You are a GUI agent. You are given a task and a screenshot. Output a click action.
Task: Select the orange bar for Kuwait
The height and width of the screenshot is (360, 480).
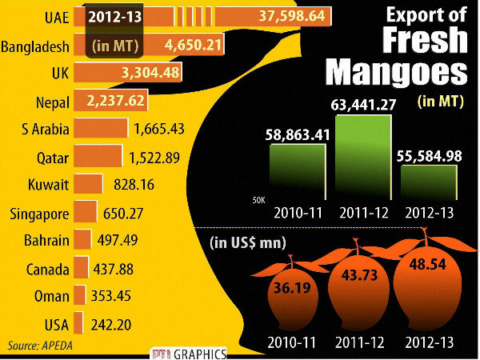(87, 184)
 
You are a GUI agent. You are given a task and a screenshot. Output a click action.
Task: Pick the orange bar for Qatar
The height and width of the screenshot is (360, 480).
(97, 156)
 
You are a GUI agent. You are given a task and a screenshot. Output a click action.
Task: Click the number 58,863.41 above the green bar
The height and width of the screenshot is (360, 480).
(298, 134)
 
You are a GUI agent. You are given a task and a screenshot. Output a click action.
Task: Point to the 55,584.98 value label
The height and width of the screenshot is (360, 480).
(429, 156)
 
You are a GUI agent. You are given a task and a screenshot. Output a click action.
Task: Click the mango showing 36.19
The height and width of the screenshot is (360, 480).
(292, 290)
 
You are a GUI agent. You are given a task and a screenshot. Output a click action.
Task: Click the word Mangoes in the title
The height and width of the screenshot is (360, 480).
(397, 70)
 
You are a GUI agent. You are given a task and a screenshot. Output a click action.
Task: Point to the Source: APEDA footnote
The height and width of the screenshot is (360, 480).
(37, 346)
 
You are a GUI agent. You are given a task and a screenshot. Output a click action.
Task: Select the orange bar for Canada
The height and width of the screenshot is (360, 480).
(80, 269)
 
